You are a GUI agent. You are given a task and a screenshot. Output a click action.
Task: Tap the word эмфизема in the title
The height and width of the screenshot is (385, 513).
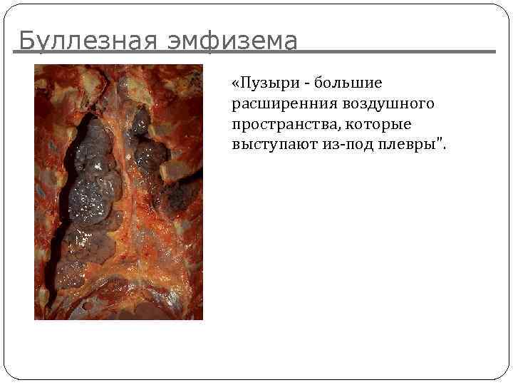coord(232,41)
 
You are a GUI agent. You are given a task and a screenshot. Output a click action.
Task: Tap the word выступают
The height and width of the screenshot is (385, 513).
coord(269,145)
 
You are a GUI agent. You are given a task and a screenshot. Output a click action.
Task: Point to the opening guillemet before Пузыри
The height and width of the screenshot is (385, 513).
coord(236,85)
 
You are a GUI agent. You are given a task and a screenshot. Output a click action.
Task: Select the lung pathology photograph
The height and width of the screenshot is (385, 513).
coord(118,192)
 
